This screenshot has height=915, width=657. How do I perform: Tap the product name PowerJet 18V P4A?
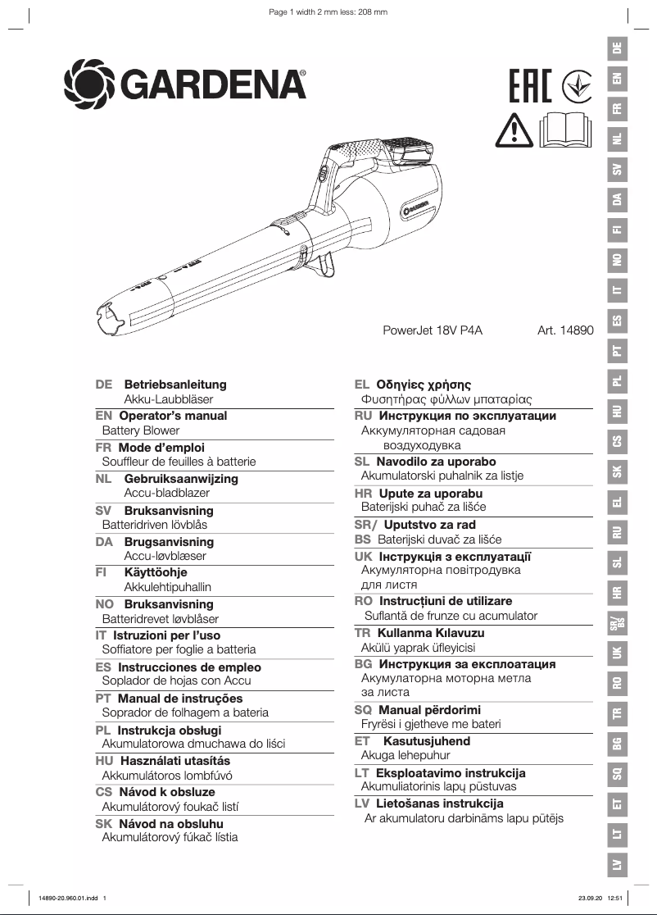click(x=433, y=331)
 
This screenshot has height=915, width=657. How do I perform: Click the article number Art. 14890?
click(x=564, y=331)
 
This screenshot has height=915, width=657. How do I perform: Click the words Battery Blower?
click(x=140, y=430)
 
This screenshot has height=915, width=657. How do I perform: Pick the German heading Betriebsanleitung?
click(x=175, y=385)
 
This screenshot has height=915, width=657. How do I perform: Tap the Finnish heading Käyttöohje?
click(x=156, y=573)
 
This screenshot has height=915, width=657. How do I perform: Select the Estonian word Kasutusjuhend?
click(x=427, y=741)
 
